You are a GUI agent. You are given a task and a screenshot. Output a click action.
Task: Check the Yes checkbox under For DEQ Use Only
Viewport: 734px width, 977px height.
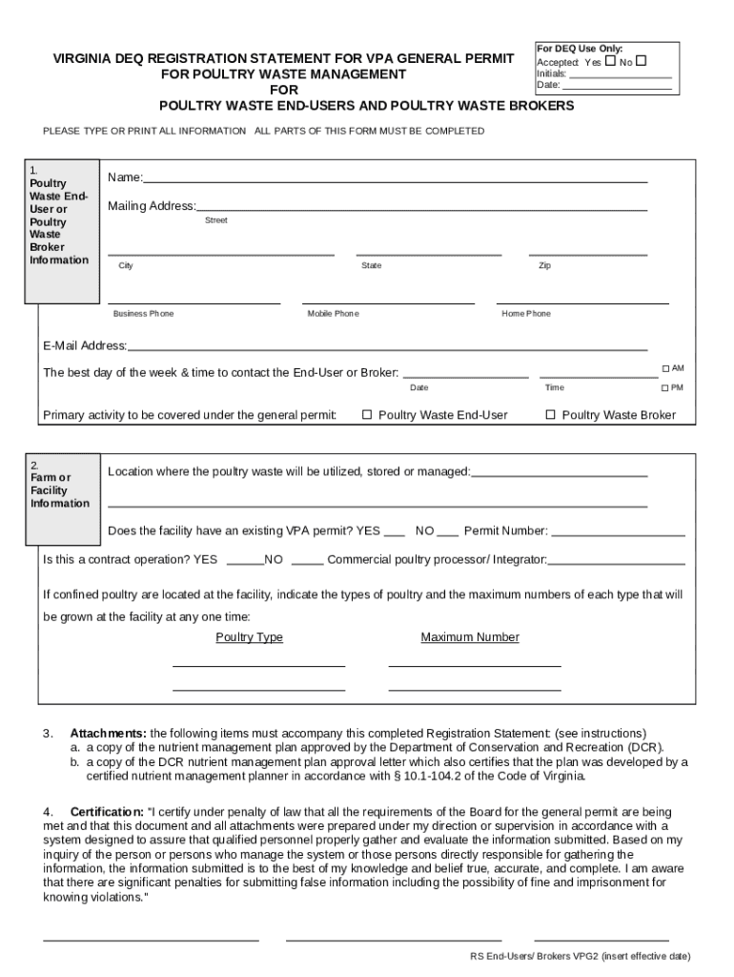pos(610,61)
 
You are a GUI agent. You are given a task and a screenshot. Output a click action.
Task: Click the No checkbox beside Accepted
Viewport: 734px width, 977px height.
pos(641,61)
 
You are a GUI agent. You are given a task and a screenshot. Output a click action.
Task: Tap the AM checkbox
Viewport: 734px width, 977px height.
pos(665,368)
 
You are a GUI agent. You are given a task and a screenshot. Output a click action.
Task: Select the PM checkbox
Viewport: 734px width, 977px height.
pos(665,388)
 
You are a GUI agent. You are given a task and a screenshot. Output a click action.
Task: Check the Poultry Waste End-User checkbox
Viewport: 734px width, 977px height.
pos(366,415)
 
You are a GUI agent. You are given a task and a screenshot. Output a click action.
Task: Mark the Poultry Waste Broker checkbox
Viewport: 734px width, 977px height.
pos(550,415)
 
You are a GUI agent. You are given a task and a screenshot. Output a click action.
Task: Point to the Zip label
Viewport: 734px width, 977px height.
pos(544,266)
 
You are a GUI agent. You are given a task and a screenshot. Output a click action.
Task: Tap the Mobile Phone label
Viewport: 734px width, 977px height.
pos(333,314)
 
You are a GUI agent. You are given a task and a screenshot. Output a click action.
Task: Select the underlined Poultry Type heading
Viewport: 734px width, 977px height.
pos(249,637)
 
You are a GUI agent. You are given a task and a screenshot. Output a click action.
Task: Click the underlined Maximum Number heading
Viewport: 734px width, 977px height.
pos(470,637)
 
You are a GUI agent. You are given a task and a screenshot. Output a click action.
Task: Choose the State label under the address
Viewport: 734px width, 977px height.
pos(371,266)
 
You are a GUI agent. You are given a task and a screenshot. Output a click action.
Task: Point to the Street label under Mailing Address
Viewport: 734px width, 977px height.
pos(216,220)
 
